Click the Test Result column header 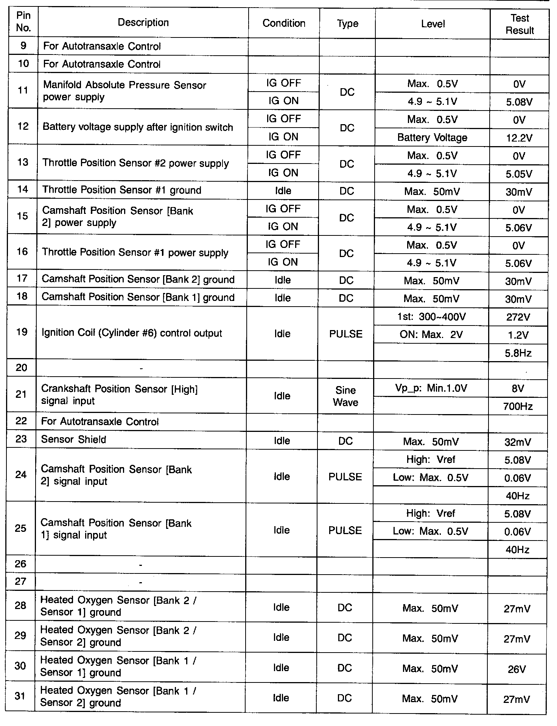point(520,24)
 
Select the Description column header point(143,23)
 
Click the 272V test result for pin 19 point(518,317)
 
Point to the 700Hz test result point(518,407)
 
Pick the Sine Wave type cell point(345,396)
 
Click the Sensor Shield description point(73,440)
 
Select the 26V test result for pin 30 point(517,670)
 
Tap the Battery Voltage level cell point(432,138)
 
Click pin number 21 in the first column point(22,394)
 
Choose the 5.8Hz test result point(518,354)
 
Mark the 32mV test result point(518,442)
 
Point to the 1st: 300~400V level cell point(431,317)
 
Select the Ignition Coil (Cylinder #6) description point(132,333)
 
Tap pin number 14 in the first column point(23,190)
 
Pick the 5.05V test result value point(519,174)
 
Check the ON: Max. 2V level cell point(431,335)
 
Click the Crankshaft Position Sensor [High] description point(119,395)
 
